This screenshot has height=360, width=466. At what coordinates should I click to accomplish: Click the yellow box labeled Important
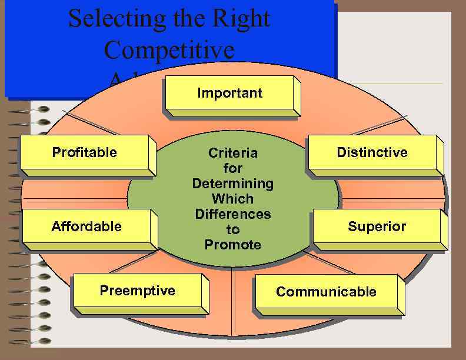click(x=230, y=94)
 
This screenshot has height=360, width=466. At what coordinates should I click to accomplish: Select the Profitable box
click(x=85, y=153)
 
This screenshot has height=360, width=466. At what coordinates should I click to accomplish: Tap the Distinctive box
click(x=372, y=153)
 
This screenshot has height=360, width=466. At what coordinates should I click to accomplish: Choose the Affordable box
click(x=86, y=227)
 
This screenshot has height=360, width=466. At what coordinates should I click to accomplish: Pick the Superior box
click(x=377, y=227)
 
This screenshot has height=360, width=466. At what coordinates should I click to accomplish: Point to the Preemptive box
click(x=138, y=291)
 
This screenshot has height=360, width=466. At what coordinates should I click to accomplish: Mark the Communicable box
click(x=326, y=292)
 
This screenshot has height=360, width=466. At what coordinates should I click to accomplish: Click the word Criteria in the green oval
click(x=233, y=154)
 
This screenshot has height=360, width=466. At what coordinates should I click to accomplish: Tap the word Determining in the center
click(x=233, y=184)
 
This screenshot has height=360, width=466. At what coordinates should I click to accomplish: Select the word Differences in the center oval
click(x=233, y=214)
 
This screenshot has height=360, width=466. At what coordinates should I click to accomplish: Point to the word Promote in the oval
click(x=233, y=244)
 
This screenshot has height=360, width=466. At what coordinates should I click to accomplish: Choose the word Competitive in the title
click(x=169, y=50)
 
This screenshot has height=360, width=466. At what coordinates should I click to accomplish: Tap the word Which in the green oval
click(x=233, y=199)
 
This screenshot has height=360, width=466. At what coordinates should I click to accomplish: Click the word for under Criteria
click(x=233, y=169)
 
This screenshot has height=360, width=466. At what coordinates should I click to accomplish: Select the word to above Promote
click(x=233, y=229)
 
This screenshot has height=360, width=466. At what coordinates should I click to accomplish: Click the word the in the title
click(x=188, y=19)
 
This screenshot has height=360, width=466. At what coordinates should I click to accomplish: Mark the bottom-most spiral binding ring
click(x=42, y=341)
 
